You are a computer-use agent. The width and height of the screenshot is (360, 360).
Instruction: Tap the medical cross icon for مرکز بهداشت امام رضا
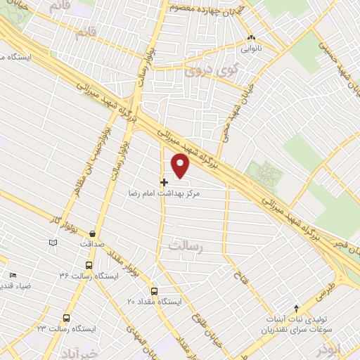point(164,182)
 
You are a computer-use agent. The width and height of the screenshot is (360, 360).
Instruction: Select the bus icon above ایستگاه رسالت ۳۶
point(89,265)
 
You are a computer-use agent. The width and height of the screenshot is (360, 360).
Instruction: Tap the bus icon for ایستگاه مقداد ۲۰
point(155,291)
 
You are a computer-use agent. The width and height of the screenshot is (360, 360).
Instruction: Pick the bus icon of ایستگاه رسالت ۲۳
point(67,318)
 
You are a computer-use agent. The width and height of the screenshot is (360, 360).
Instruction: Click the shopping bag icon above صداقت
point(92,233)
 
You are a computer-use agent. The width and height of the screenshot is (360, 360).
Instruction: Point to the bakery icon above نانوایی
point(250,39)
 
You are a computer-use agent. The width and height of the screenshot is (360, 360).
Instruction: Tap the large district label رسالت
point(186,245)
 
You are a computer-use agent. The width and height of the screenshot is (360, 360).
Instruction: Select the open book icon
point(52,243)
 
